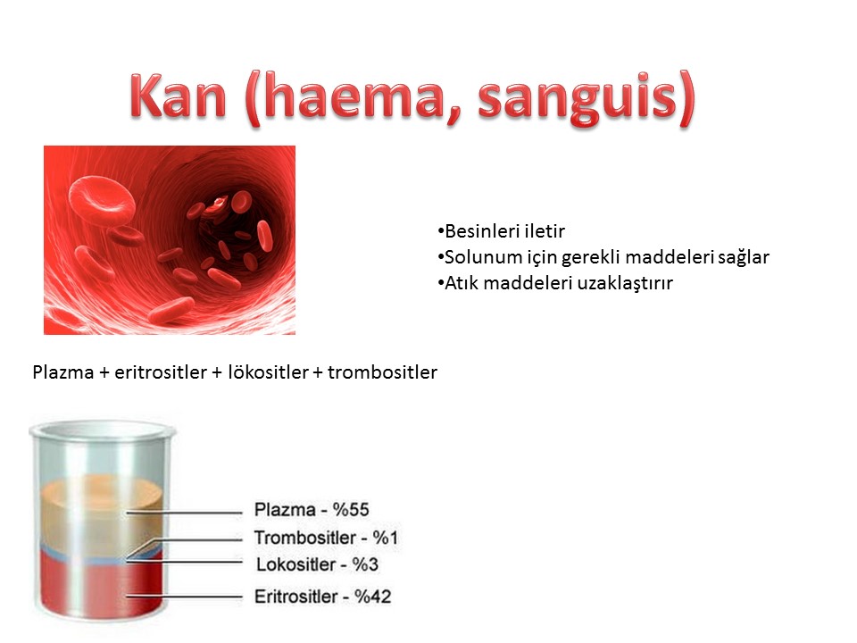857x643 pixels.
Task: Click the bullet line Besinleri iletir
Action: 501,230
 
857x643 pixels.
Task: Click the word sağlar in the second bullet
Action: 743,257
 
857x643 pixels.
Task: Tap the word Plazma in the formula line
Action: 62,372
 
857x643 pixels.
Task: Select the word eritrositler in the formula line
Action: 161,372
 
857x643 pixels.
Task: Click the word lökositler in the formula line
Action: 268,372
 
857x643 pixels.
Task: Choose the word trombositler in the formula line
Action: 382,372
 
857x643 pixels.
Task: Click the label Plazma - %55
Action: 312,510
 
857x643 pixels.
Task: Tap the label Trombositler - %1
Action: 326,538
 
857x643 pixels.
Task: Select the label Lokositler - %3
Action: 317,564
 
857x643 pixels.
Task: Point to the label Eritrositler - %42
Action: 322,596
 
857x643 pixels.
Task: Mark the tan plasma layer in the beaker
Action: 102,515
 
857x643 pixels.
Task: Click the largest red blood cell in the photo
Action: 102,200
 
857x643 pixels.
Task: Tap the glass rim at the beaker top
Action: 103,430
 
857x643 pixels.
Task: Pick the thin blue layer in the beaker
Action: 102,557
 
